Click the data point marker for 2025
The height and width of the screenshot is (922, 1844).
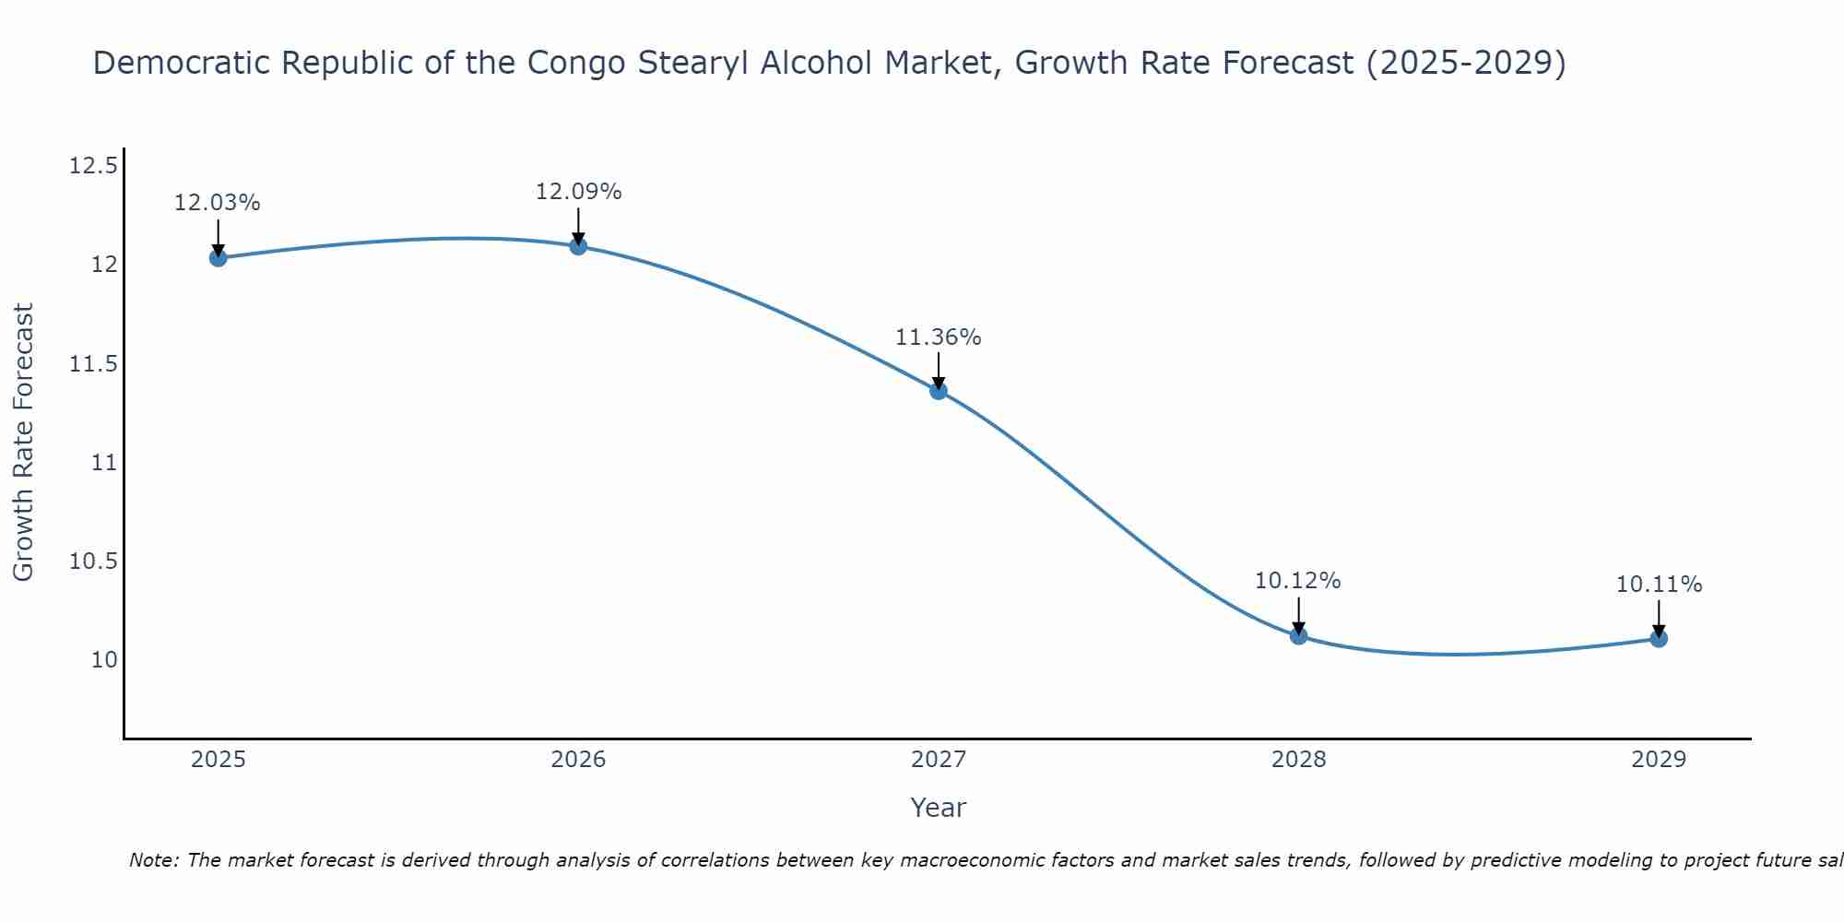pyautogui.click(x=218, y=257)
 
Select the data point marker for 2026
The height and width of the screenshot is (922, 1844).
pyautogui.click(x=578, y=246)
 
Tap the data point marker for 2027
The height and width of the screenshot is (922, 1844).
pyautogui.click(x=939, y=390)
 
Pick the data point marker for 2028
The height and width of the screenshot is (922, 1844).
pyautogui.click(x=1298, y=635)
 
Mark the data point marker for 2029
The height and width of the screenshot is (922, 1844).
pyautogui.click(x=1659, y=638)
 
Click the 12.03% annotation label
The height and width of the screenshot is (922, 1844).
pyautogui.click(x=218, y=203)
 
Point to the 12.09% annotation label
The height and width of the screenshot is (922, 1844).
pyautogui.click(x=578, y=192)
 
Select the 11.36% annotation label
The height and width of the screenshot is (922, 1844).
pyautogui.click(x=939, y=337)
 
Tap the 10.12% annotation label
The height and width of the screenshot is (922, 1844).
pyautogui.click(x=1298, y=581)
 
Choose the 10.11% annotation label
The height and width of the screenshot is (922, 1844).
pyautogui.click(x=1659, y=585)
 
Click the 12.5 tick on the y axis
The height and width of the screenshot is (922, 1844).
pyautogui.click(x=93, y=166)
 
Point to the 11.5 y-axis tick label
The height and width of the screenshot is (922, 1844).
pyautogui.click(x=93, y=364)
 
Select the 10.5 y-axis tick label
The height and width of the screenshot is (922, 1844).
pyautogui.click(x=93, y=561)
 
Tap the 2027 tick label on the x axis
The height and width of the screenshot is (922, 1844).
pyautogui.click(x=939, y=760)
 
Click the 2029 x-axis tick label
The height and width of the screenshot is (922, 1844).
pyautogui.click(x=1659, y=760)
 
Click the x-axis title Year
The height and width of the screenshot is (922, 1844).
pyautogui.click(x=939, y=808)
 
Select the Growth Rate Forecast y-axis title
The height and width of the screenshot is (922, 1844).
pyautogui.click(x=23, y=443)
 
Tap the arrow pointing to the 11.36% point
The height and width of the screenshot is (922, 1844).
pyautogui.click(x=939, y=371)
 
